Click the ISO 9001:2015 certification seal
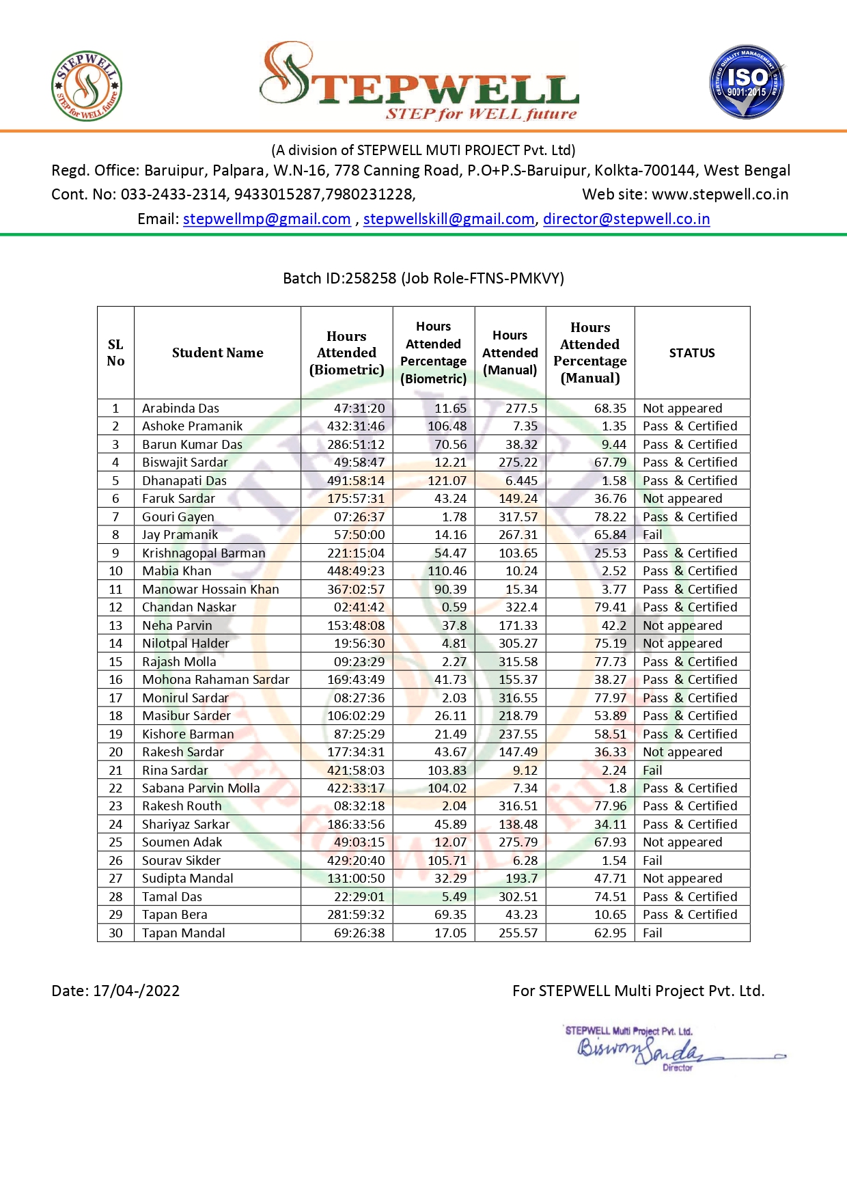[747, 83]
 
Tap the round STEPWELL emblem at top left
[87, 86]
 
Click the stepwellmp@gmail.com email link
[266, 219]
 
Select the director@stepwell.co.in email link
[626, 219]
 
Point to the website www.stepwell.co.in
[720, 195]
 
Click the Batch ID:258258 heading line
[423, 279]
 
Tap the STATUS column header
[692, 353]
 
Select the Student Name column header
[217, 353]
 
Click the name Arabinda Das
[180, 409]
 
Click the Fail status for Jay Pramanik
[652, 535]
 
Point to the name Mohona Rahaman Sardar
[215, 680]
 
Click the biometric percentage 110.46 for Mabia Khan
[447, 571]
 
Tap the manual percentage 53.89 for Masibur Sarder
[610, 716]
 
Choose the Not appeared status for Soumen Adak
[682, 842]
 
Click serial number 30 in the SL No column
[115, 933]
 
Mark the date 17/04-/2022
[136, 991]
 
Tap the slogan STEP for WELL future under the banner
[481, 114]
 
